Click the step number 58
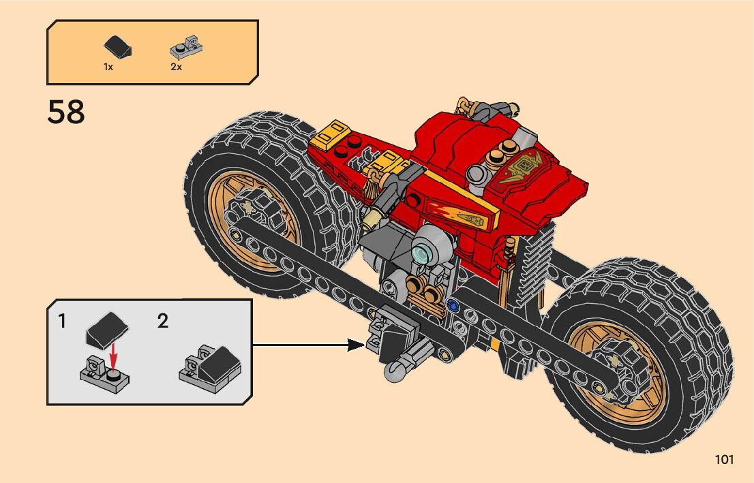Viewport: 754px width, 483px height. [x=66, y=112]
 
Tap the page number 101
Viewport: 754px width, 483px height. [x=724, y=460]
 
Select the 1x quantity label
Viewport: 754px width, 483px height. [x=108, y=67]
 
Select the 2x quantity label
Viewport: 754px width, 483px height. [x=177, y=67]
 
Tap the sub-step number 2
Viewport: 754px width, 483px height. [x=162, y=321]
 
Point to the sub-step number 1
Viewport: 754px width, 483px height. [x=62, y=321]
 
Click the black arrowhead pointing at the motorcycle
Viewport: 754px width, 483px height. [x=355, y=344]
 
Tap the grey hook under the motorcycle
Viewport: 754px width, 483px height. [x=395, y=371]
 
